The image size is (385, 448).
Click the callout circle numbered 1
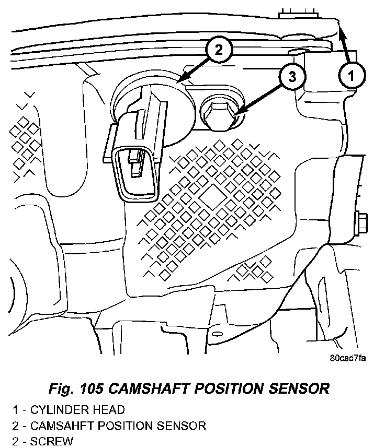[x=352, y=76]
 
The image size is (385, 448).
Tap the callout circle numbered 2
[x=219, y=50]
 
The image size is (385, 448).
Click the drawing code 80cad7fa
[x=348, y=358]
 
